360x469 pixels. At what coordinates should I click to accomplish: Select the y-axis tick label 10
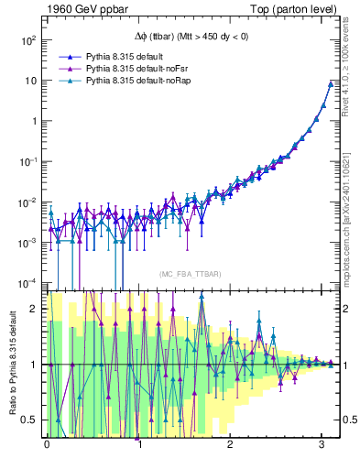(27, 81)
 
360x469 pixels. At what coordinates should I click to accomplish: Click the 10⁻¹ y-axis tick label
(25, 161)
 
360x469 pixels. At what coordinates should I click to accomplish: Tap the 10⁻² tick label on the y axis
(25, 202)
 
